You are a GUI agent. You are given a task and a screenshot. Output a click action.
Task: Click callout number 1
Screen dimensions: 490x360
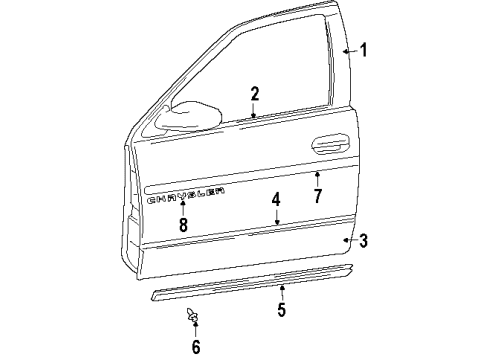point(364,50)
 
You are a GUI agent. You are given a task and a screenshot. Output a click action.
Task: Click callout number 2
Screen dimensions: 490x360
point(255,94)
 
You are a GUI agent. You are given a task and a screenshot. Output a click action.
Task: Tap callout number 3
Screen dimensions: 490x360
point(364,240)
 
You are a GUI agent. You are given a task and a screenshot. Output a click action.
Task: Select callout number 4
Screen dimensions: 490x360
point(276,200)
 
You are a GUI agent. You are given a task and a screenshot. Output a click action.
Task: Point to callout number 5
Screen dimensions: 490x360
point(282,309)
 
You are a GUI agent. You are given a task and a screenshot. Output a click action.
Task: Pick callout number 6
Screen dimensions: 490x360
point(196,347)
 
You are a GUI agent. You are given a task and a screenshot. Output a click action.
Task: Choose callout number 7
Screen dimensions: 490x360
point(317,195)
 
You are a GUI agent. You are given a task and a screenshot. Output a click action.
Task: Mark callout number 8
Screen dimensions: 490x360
point(183,225)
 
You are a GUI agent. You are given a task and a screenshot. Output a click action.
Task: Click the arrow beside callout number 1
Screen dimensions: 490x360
point(347,50)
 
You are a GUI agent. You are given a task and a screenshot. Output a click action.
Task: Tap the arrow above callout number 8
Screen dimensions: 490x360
point(183,208)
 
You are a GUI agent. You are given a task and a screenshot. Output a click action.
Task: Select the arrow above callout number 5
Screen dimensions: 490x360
point(282,291)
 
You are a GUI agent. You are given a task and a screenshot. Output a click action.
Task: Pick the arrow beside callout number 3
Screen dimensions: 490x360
point(349,240)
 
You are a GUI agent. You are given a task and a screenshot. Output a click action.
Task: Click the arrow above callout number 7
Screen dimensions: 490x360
point(317,177)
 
